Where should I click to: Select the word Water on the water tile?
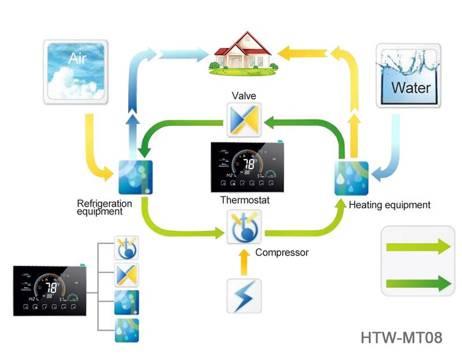point(411,88)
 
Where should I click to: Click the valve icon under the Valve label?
point(244,120)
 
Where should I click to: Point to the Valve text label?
point(244,96)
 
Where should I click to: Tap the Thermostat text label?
point(245,200)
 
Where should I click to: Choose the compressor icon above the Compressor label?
point(244,227)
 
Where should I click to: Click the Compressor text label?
point(282,252)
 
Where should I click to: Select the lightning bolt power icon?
point(244,295)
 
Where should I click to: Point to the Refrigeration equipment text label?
point(105,207)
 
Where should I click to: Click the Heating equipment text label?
point(390,204)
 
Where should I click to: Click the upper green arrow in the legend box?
point(418,247)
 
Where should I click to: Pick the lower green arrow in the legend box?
point(418,283)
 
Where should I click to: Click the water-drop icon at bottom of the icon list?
point(127,331)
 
